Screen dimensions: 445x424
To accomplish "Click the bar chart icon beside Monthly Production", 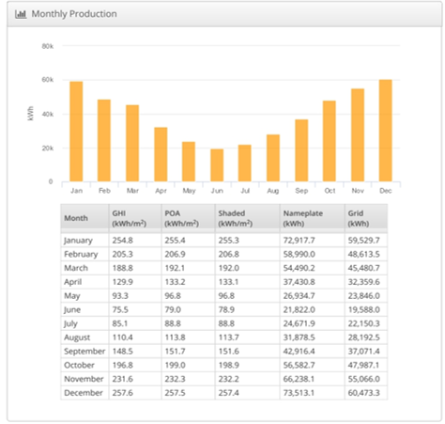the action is point(21,14).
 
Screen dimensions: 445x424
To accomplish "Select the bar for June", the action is point(217,165).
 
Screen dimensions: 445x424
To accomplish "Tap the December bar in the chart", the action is point(386,131).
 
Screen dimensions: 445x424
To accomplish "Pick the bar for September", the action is point(301,150).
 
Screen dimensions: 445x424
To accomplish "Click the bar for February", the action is point(104,140).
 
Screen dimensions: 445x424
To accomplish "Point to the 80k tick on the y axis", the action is point(48,46).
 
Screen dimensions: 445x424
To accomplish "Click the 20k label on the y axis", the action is point(48,149).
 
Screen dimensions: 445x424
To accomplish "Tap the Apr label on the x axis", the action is point(161,191).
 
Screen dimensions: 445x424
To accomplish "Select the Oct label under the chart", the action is point(330,191).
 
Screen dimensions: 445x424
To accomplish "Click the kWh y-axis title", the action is point(30,113).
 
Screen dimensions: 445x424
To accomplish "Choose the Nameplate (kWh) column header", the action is point(303,218).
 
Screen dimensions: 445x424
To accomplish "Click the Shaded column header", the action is point(236,218).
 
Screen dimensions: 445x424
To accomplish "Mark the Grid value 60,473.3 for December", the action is point(363,393).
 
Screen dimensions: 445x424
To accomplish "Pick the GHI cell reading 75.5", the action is point(120,309).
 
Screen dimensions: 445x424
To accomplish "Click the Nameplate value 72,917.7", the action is point(299,241).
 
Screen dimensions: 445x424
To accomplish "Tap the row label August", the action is point(77,338).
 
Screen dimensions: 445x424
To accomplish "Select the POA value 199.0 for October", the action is point(175,365).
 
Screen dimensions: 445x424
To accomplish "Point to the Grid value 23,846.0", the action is point(363,296).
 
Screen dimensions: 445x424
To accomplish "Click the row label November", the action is point(84,379).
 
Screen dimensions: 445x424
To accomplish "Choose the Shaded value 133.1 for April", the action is point(228,282).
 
